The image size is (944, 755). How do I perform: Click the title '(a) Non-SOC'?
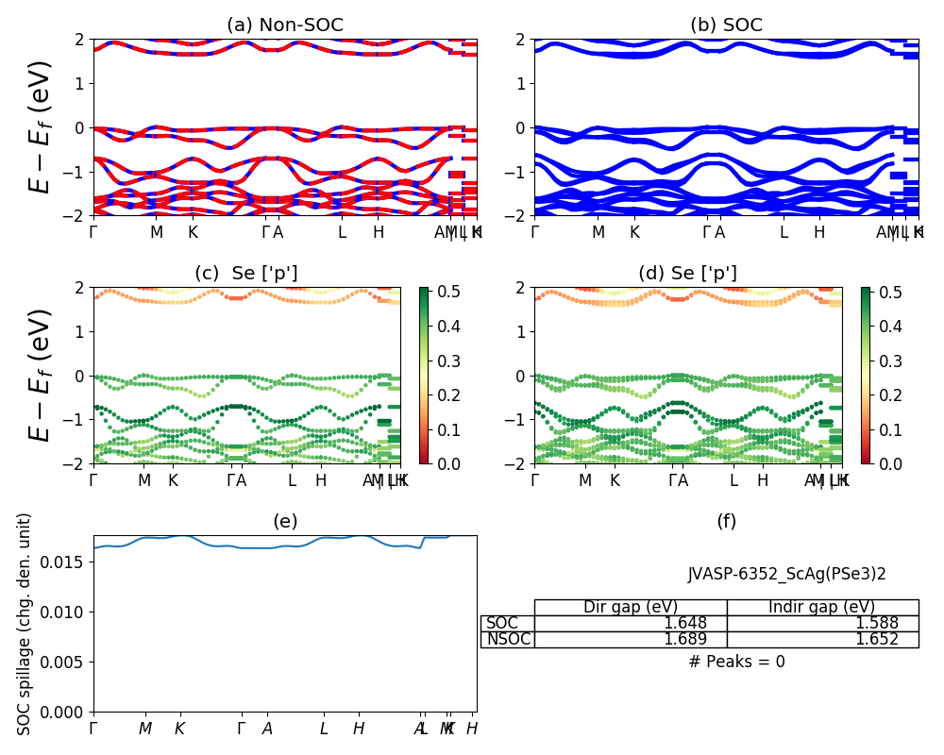tap(284, 25)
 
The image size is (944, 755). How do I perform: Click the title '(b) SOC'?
tap(726, 25)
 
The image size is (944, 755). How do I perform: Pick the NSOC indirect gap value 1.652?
tap(876, 640)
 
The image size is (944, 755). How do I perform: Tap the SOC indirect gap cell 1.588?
tap(876, 624)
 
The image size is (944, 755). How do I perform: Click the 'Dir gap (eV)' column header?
tap(631, 607)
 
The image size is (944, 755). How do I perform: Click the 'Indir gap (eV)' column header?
tap(822, 607)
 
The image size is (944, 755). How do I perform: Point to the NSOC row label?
tap(508, 640)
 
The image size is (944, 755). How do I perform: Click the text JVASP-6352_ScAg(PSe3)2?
tap(786, 574)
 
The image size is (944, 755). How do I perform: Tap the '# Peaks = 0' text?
tap(736, 663)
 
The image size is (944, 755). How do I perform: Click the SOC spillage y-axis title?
tap(25, 624)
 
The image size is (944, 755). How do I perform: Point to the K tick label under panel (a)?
tap(193, 232)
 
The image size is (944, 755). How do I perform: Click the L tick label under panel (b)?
tap(783, 232)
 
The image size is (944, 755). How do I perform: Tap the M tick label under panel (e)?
tap(145, 729)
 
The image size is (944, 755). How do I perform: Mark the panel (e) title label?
tap(284, 522)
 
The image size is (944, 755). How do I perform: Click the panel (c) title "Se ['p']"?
tap(246, 274)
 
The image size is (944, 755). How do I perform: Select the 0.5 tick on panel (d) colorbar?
tap(890, 293)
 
